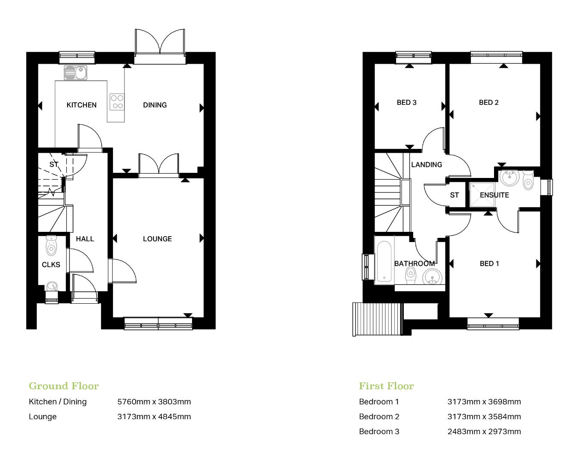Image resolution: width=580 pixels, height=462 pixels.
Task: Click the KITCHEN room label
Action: (81, 105)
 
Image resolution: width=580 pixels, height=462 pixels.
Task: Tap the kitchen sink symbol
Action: (75, 73)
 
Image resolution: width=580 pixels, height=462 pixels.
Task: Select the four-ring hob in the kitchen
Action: (117, 101)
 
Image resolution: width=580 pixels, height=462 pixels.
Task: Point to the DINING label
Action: (155, 105)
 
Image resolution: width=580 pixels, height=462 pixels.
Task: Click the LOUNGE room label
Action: (157, 239)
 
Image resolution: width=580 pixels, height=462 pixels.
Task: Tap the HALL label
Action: (85, 239)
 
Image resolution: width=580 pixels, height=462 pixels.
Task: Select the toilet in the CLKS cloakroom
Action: (51, 245)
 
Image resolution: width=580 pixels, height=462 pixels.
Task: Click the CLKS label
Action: (51, 265)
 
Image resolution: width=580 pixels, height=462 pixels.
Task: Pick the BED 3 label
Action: (406, 102)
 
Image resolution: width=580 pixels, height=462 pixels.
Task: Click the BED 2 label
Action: (488, 102)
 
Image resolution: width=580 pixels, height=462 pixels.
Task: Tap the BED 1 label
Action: (489, 264)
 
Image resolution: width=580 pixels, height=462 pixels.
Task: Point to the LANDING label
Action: (426, 165)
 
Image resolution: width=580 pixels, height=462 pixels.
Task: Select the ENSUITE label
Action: (494, 195)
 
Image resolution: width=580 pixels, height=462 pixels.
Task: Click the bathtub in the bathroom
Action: (384, 261)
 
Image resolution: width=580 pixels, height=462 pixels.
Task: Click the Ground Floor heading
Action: (64, 386)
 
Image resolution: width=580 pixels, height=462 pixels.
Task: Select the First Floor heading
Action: (386, 386)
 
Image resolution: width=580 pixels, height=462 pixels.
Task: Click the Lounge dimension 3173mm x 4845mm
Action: (154, 416)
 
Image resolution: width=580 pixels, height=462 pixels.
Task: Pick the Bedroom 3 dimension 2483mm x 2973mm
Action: (484, 431)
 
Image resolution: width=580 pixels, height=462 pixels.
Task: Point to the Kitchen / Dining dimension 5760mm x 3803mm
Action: (154, 401)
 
